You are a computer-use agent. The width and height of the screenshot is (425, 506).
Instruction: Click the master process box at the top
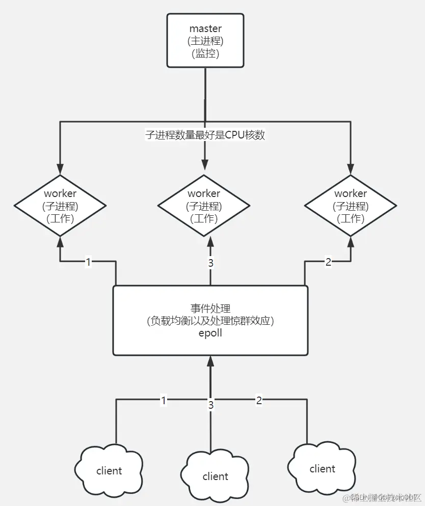point(205,41)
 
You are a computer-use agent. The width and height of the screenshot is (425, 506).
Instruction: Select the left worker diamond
point(60,206)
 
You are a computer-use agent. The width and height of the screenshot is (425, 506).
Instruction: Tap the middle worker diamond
point(204,206)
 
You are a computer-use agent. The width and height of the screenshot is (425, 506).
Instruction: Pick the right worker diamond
point(350,206)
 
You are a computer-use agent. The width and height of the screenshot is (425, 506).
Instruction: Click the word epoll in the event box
point(210,333)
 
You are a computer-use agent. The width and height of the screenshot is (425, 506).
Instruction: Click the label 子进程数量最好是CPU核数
point(205,135)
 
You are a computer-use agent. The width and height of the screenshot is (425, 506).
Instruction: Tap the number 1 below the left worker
point(88,262)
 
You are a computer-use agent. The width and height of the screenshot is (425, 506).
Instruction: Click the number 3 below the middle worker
point(210,263)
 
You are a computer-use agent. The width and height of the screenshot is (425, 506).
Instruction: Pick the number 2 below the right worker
point(328,262)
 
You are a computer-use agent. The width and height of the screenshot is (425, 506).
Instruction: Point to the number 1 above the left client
point(164,401)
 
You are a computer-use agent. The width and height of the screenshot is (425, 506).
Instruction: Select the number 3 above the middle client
point(210,405)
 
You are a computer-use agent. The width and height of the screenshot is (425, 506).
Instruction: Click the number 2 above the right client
point(259,401)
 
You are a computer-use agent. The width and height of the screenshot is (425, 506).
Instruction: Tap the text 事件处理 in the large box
point(210,308)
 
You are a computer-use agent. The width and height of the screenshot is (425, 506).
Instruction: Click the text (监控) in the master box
point(205,53)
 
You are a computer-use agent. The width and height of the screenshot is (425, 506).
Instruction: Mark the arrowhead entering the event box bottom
point(210,361)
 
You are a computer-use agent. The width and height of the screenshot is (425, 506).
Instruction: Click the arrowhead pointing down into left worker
point(60,169)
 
